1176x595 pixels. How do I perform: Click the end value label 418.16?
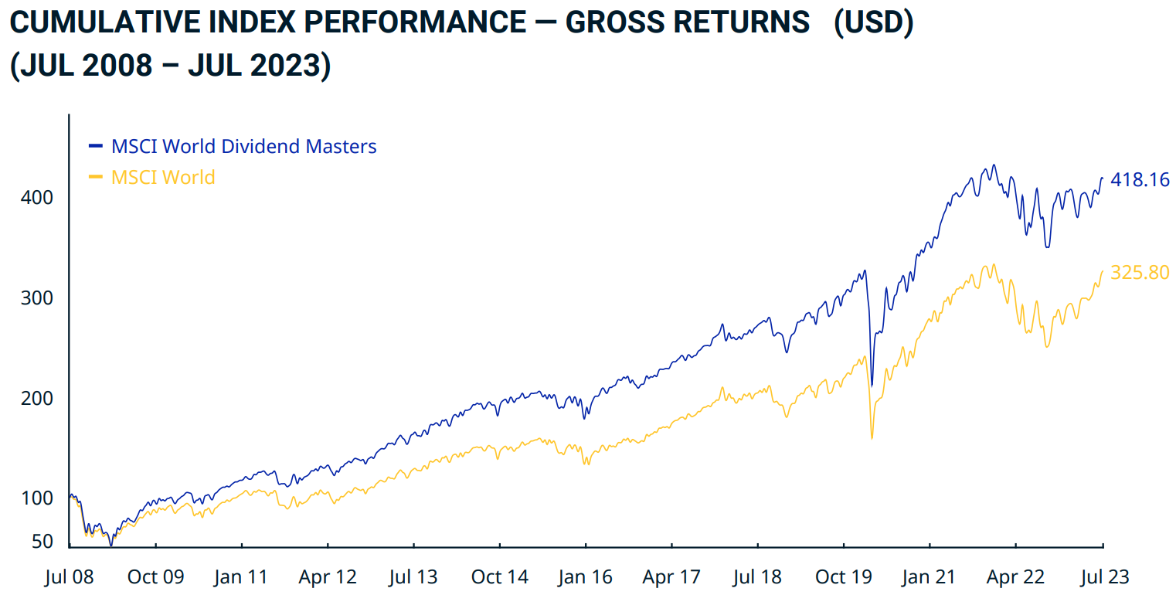[1140, 180]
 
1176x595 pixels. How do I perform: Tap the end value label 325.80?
[1140, 272]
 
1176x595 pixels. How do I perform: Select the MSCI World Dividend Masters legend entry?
[243, 146]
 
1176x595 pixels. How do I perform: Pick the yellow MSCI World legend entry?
[163, 177]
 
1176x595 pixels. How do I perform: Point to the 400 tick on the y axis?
[36, 198]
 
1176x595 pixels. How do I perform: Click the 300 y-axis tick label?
[36, 298]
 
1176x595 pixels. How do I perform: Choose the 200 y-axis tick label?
[36, 399]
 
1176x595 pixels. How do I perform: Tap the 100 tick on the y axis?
[36, 498]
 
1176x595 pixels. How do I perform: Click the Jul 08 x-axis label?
[69, 576]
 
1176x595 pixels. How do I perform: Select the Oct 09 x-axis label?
[155, 576]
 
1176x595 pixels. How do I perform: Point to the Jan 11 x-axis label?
[242, 576]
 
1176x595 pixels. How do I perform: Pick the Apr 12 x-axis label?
[328, 576]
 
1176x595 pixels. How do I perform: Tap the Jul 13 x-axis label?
[413, 576]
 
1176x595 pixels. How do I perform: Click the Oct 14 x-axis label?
[500, 576]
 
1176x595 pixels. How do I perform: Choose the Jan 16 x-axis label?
[586, 576]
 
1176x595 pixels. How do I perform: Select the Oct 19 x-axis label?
[844, 576]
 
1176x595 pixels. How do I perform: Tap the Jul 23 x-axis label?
[1102, 576]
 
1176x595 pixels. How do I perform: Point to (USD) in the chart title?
[872, 23]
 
